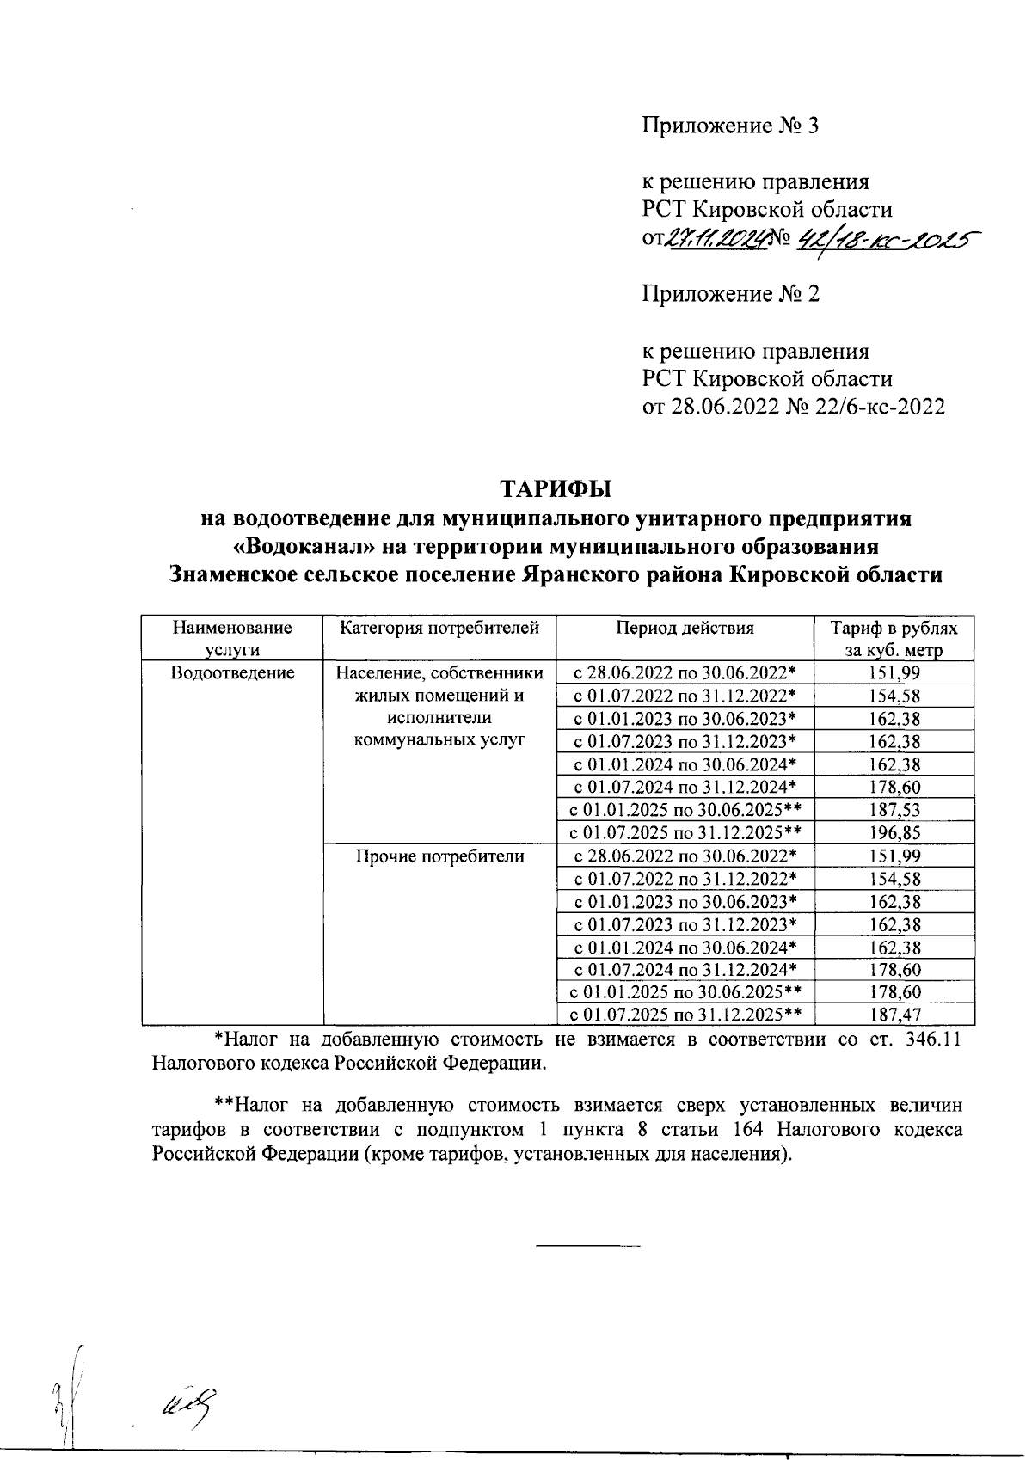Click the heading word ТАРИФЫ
tap(556, 488)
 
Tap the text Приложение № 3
tap(731, 126)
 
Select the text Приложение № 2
tap(731, 295)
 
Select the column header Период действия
tap(685, 629)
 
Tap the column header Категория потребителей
tap(439, 629)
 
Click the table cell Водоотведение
tap(232, 673)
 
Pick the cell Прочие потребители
tap(439, 856)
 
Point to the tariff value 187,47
tap(894, 1015)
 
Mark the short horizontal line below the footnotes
tap(588, 1246)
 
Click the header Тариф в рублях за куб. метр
tap(894, 639)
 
